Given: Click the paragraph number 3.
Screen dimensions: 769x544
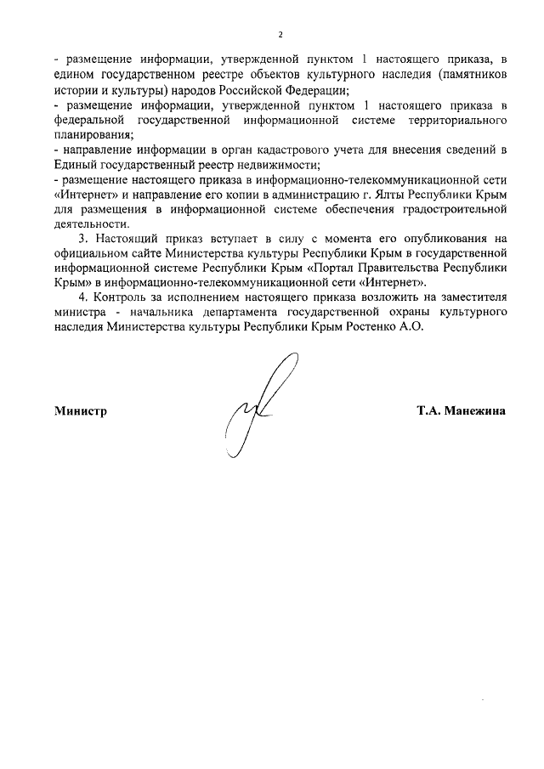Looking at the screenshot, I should (82, 239).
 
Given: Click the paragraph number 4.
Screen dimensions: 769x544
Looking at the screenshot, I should (82, 297).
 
